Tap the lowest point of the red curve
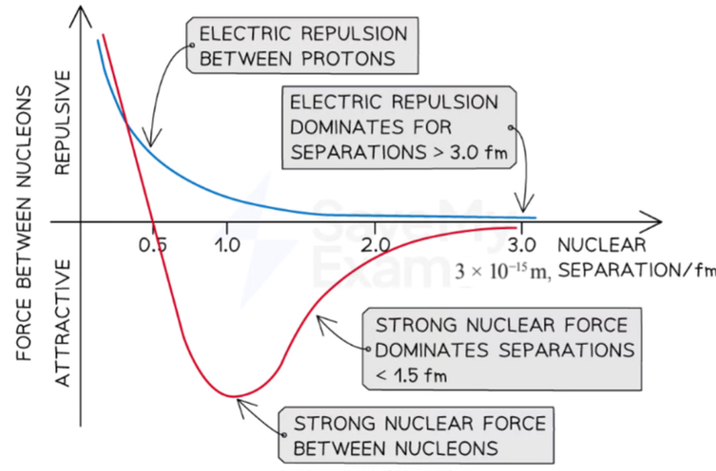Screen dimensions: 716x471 233,396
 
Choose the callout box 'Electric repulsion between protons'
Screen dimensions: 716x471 303,47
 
